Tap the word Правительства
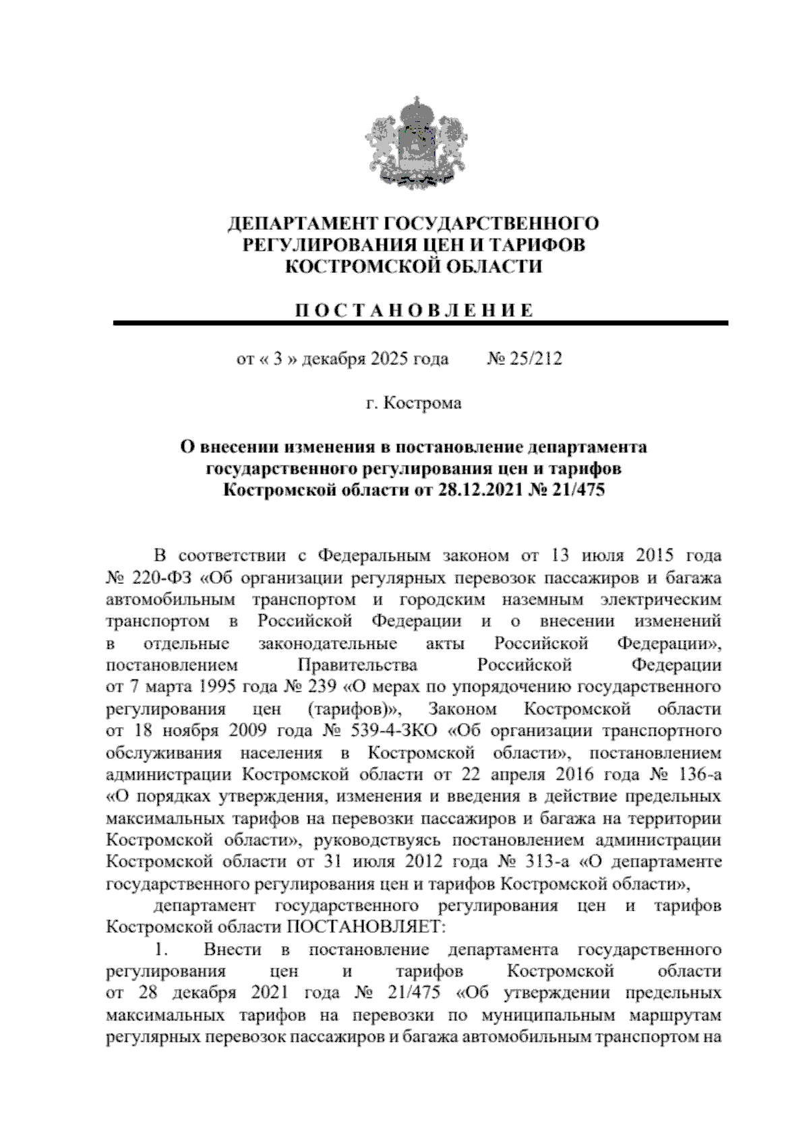point(357,665)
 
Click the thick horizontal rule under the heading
point(421,324)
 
